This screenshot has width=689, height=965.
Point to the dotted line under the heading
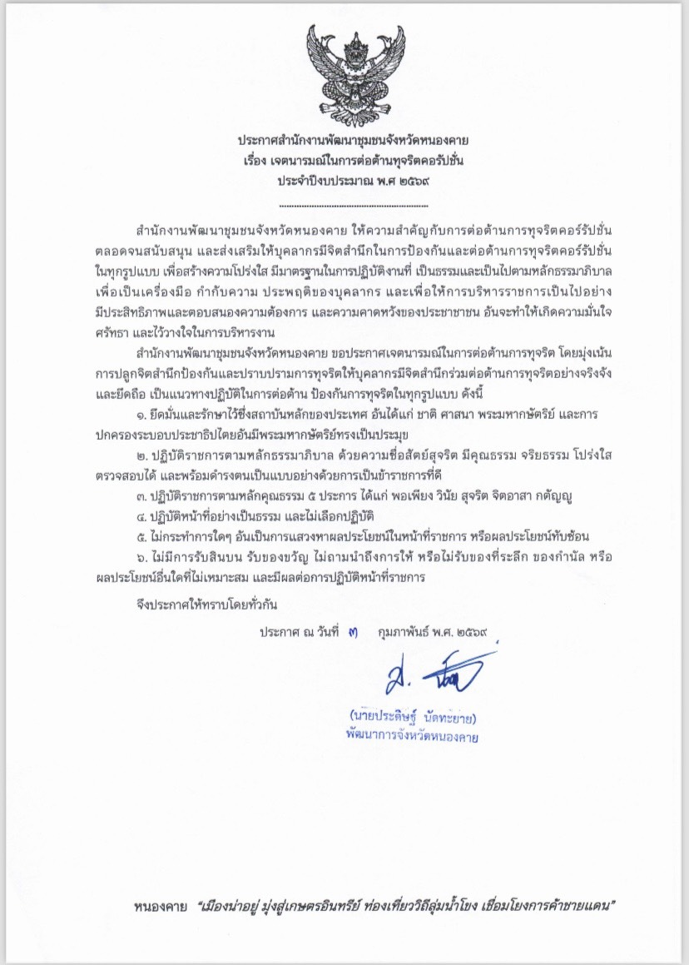pyautogui.click(x=353, y=205)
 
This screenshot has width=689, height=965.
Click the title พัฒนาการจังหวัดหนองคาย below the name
pyautogui.click(x=416, y=736)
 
